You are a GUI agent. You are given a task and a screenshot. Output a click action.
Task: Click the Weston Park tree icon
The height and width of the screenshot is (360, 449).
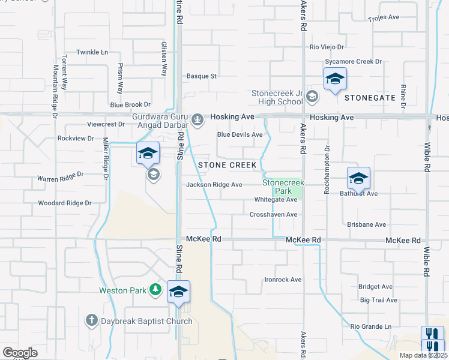coord(156,290)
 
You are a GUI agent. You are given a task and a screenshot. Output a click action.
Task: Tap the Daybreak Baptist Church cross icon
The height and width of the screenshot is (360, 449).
coord(91,321)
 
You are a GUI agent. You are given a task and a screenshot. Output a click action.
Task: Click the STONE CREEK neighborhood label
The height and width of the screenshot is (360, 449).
coord(227,165)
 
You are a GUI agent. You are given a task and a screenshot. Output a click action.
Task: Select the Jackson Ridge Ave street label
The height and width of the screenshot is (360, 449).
coord(214,185)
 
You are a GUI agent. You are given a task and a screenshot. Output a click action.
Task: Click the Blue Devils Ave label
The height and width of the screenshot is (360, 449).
coord(240,135)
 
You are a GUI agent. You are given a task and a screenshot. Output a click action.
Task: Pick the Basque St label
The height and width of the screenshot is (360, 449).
coord(201,76)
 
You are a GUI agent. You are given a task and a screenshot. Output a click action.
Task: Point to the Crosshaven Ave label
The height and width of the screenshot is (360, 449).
coord(274,214)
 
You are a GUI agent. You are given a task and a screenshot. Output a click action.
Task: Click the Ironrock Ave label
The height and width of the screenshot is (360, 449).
coord(283,280)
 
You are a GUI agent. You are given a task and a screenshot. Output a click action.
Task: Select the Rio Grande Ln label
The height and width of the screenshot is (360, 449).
coord(371,326)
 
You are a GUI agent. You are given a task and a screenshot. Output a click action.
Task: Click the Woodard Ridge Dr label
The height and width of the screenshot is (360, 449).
coord(65,203)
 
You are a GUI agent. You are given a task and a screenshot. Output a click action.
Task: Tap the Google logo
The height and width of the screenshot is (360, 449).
coord(20,353)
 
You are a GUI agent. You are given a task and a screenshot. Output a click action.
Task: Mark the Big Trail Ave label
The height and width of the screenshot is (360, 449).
coord(378,300)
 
